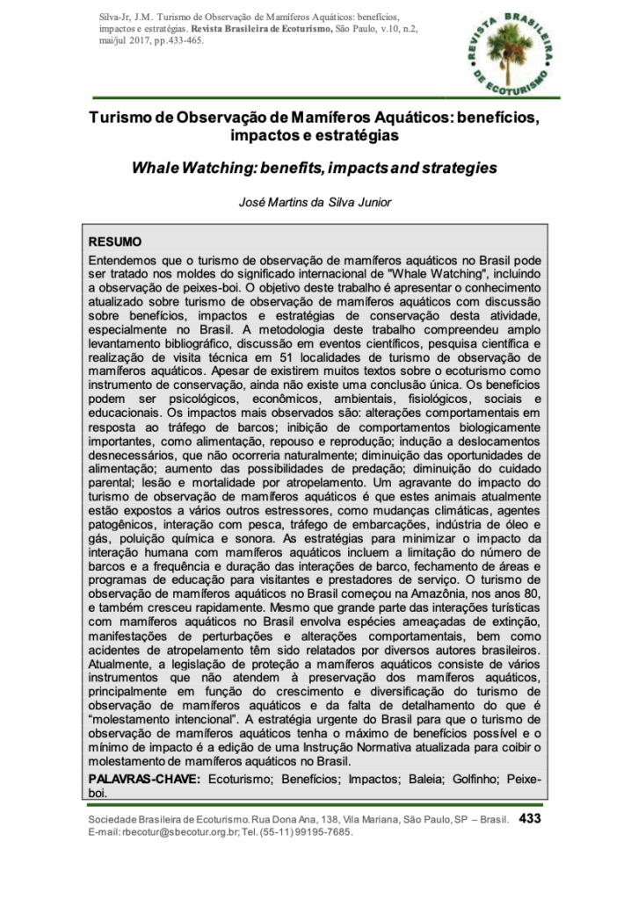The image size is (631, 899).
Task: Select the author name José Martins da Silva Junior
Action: point(315,202)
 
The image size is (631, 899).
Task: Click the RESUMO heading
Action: point(114,241)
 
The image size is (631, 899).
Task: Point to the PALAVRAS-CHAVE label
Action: point(145,779)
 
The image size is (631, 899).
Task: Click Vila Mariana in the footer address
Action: point(365,819)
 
